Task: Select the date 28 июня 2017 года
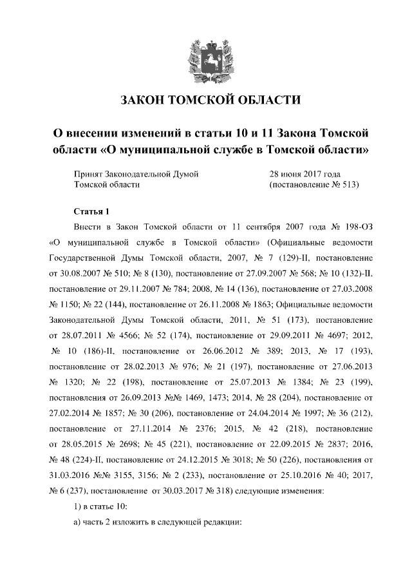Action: [304, 173]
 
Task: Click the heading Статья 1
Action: [92, 211]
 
